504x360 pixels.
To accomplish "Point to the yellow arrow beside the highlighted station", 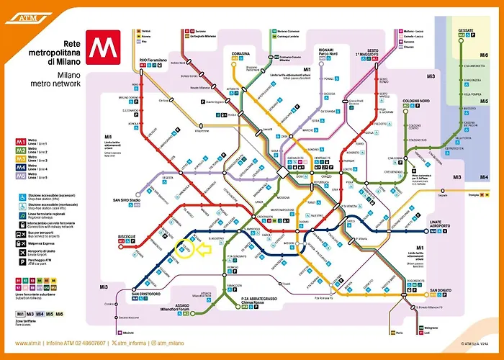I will point(207,249).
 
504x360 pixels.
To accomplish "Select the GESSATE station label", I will point(466,30).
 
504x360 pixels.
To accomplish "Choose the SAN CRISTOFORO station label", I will point(145,294).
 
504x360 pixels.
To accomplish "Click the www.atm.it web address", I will point(30,343).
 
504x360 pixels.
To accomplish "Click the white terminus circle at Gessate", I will point(461,42).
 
